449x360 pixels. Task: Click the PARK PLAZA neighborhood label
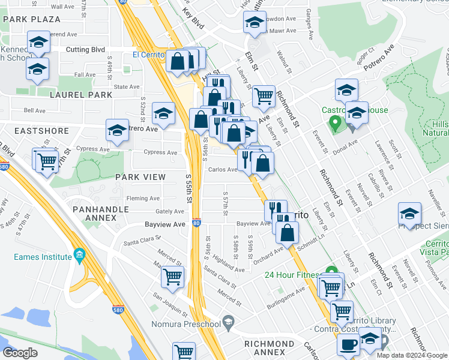click(x=31, y=19)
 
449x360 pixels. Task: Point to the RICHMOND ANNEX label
click(x=269, y=348)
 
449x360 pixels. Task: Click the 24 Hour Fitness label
click(x=292, y=275)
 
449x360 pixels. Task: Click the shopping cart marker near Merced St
click(x=173, y=277)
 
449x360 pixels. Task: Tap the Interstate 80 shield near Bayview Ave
click(x=196, y=223)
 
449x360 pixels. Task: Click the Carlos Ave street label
click(x=222, y=169)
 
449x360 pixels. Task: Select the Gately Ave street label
click(x=170, y=211)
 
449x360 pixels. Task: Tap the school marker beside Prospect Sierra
click(x=409, y=214)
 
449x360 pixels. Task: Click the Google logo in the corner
click(x=20, y=352)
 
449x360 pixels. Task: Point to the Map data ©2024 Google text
click(x=411, y=355)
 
